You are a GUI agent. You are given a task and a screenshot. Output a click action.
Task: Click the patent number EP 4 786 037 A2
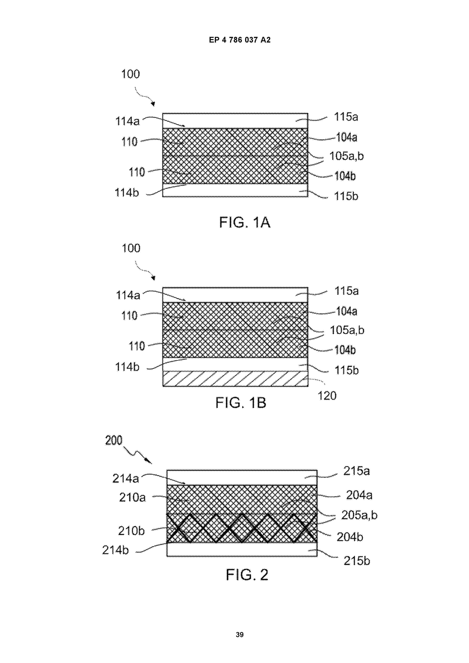click(x=240, y=40)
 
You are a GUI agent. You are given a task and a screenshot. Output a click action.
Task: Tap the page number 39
click(x=240, y=634)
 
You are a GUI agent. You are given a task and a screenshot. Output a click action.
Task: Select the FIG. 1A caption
click(x=245, y=222)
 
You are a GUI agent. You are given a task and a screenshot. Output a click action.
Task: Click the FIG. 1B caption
click(x=241, y=403)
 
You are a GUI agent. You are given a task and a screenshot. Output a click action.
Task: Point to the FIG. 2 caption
click(x=247, y=574)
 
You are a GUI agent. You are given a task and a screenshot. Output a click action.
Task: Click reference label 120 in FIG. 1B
click(x=327, y=396)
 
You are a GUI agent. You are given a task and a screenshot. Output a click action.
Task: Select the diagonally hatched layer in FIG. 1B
click(x=235, y=379)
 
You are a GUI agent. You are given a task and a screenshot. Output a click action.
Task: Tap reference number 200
click(x=114, y=440)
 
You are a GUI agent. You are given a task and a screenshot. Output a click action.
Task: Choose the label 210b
click(x=131, y=531)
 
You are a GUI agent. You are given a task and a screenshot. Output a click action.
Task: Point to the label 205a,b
click(x=359, y=515)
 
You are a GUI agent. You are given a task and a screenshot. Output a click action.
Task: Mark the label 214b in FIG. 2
click(x=115, y=550)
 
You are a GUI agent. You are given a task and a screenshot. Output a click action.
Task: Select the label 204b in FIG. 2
click(x=350, y=537)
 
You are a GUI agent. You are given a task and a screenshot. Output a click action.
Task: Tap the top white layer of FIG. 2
click(x=242, y=478)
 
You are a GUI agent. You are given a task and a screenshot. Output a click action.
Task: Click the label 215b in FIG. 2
click(x=357, y=561)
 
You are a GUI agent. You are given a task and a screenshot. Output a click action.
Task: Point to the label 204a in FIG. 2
click(x=359, y=495)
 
